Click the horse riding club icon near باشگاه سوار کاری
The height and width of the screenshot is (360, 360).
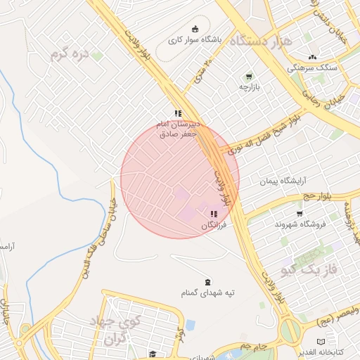(195, 29)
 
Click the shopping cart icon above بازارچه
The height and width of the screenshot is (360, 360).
(249, 76)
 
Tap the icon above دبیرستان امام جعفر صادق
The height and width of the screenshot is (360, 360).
(179, 112)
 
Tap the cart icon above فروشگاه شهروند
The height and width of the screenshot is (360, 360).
(300, 213)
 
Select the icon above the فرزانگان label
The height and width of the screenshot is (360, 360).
(214, 214)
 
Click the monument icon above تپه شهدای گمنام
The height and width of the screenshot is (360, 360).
(207, 281)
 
